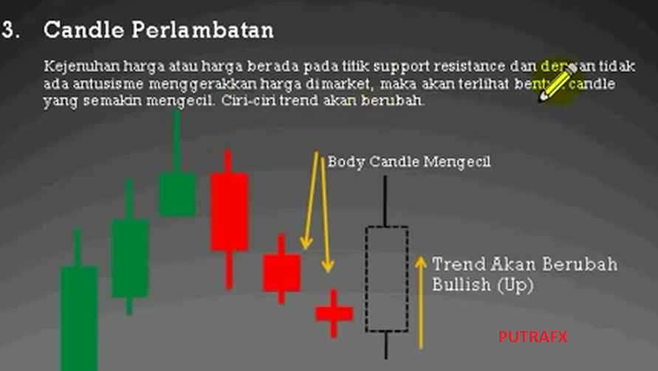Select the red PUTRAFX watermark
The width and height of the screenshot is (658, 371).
point(532,337)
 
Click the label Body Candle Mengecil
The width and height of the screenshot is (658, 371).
point(409,162)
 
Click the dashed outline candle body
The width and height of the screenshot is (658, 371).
point(386,279)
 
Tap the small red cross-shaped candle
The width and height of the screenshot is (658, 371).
point(334,313)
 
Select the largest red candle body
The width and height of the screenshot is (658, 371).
point(229,212)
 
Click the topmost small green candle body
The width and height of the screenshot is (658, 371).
point(177,195)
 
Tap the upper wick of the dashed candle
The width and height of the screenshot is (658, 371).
point(385,201)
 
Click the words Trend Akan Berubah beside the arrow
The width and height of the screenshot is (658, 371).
point(524,264)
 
